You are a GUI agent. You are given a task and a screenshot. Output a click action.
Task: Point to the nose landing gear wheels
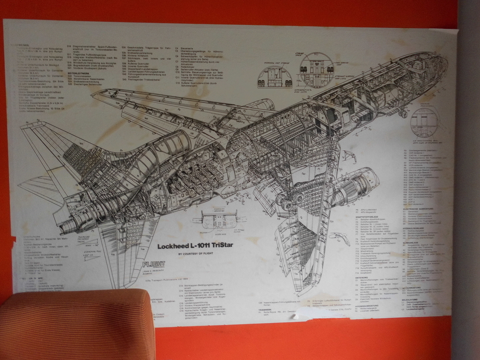(403, 114)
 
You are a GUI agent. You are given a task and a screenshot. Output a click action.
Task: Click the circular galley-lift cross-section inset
(316, 68)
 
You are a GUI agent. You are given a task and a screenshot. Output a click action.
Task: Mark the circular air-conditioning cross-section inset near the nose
(424, 121)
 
